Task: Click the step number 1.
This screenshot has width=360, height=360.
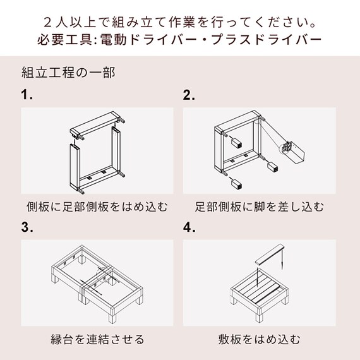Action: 26,95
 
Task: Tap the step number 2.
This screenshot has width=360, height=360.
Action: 189,95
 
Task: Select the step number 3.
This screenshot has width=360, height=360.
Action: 26,227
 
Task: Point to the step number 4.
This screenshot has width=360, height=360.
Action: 189,227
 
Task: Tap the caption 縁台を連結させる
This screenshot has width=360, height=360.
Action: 97,339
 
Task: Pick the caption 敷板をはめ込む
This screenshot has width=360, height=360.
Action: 259,339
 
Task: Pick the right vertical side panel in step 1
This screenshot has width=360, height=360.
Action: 117,152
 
